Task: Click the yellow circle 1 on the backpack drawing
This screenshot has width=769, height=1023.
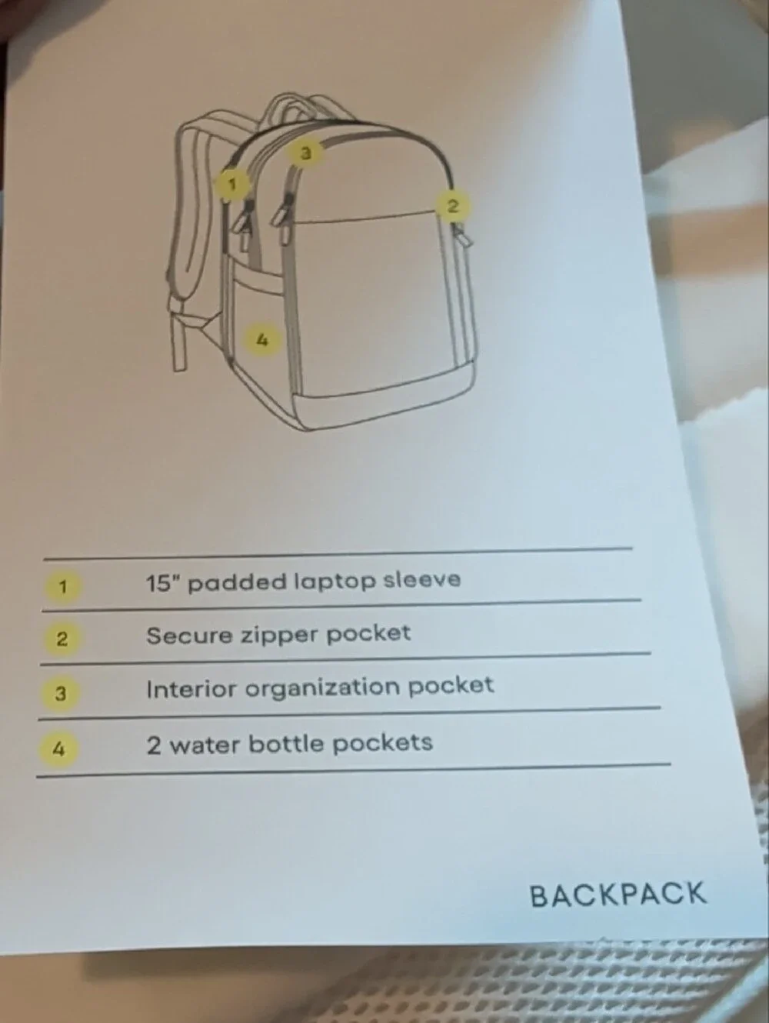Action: click(232, 185)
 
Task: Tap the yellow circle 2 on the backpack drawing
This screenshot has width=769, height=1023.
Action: click(453, 205)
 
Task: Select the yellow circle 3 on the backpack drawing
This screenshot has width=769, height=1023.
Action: click(305, 153)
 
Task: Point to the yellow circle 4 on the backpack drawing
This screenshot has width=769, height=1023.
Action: click(262, 340)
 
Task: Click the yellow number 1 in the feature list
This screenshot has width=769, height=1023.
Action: click(62, 586)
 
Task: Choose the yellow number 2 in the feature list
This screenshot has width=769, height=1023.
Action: click(62, 639)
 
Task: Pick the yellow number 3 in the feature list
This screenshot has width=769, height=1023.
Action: click(61, 694)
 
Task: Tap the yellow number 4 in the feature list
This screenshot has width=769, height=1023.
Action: click(58, 749)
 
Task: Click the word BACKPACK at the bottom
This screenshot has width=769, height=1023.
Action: click(618, 895)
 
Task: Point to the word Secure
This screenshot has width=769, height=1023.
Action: click(189, 635)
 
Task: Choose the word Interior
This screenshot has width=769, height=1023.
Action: click(191, 689)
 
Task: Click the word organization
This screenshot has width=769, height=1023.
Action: click(322, 688)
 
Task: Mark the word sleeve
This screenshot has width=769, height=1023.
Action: click(421, 580)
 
